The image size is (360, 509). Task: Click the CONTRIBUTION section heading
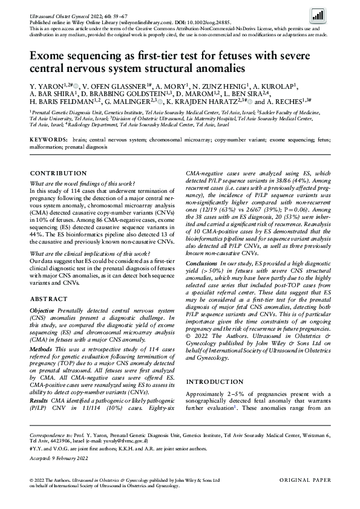pyautogui.click(x=58, y=173)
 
